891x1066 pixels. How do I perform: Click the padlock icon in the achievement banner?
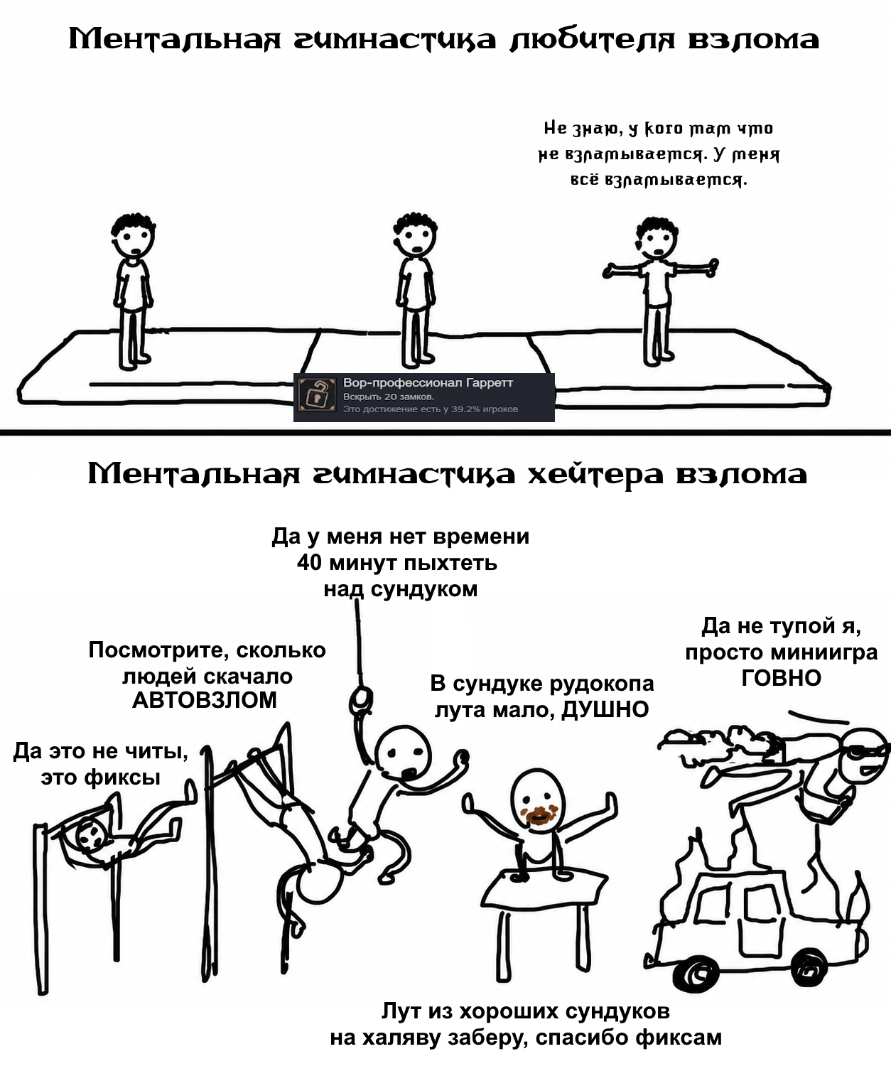pyautogui.click(x=317, y=394)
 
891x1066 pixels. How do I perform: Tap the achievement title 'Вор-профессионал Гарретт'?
pyautogui.click(x=428, y=383)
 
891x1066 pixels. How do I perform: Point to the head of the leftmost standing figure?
pyautogui.click(x=134, y=237)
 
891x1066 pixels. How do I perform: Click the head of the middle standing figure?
pyautogui.click(x=415, y=236)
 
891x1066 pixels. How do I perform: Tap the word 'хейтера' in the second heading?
pyautogui.click(x=595, y=474)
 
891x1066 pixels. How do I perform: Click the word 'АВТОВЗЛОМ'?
pyautogui.click(x=204, y=700)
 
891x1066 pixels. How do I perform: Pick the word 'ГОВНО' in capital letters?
pyautogui.click(x=781, y=678)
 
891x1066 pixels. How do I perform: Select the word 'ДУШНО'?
pyautogui.click(x=605, y=709)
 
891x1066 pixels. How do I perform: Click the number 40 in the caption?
pyautogui.click(x=309, y=563)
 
